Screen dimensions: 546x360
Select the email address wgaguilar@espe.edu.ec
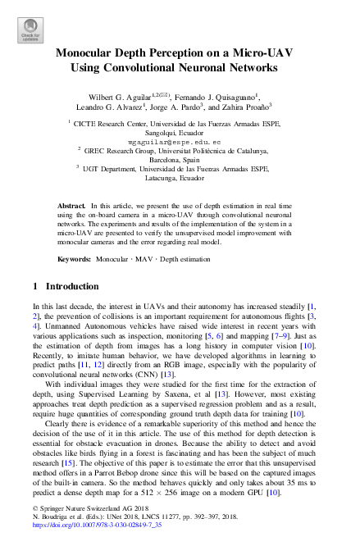(180, 141)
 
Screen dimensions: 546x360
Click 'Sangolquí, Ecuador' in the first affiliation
(180, 131)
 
